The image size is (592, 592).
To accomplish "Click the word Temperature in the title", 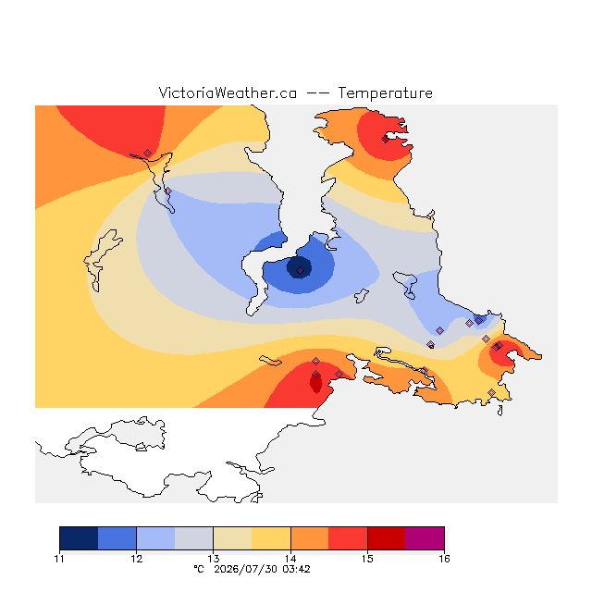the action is [x=385, y=92].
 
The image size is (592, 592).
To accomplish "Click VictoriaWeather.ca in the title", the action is [x=228, y=92].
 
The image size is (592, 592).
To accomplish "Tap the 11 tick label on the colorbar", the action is [x=59, y=559].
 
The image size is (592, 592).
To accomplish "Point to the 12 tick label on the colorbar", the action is [x=137, y=559].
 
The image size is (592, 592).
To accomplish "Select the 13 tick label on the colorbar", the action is [x=214, y=559].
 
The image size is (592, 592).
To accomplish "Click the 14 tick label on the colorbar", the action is [x=290, y=559].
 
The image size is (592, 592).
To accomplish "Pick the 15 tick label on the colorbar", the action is [x=367, y=559].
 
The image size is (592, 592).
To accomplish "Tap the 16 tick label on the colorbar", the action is [x=444, y=559].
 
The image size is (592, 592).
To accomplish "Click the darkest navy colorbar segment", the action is [x=79, y=538].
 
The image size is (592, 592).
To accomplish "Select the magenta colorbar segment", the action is [x=425, y=538].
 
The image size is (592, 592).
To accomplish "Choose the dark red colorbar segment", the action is [x=387, y=538].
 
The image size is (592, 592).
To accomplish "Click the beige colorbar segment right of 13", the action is [x=232, y=538].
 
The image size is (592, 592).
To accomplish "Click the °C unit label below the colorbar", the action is [x=199, y=569].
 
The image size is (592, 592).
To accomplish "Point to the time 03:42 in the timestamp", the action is [x=296, y=569].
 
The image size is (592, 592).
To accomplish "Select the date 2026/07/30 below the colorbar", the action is [x=246, y=569].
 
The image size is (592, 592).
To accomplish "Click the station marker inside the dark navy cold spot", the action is [x=300, y=271].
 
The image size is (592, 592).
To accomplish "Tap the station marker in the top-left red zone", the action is [x=148, y=153].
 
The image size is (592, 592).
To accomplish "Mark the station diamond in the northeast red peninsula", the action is [x=385, y=140].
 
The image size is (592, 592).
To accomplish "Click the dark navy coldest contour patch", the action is [x=299, y=267].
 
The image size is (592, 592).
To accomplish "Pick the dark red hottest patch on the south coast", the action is [x=315, y=382].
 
